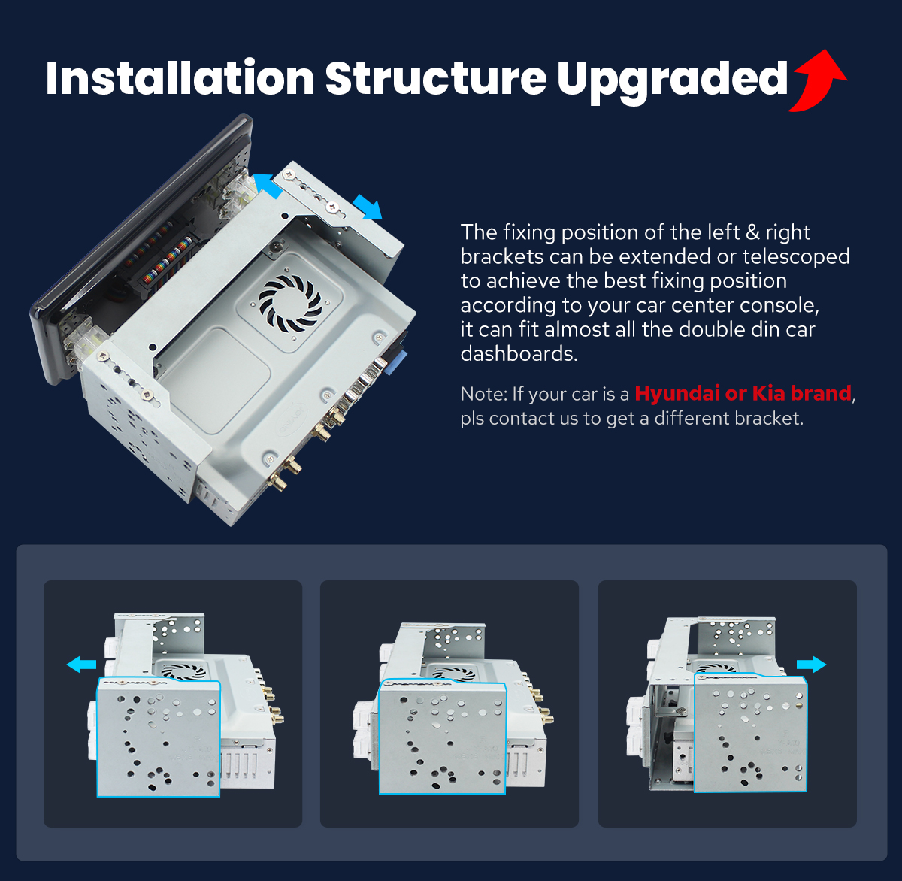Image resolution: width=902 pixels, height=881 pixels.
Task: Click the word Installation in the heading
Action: point(180,78)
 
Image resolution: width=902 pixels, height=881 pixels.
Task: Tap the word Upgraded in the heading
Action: point(672,81)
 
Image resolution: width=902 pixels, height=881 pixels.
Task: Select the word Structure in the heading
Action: point(436,78)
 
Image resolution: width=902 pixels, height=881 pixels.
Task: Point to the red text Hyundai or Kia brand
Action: point(743,393)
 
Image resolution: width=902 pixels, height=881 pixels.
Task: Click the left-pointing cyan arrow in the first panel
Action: point(81,665)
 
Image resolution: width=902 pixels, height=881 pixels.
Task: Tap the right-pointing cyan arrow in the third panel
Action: point(811,665)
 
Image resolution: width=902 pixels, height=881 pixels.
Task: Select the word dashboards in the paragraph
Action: point(519,354)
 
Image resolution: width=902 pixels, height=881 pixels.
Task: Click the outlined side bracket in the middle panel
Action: point(443,737)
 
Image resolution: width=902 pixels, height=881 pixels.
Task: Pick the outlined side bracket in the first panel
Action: point(159,737)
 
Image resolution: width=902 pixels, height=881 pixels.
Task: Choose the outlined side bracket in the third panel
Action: point(751,732)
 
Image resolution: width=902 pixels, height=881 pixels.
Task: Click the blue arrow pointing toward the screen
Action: point(268,186)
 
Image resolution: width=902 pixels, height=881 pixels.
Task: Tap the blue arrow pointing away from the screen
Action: point(368,207)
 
